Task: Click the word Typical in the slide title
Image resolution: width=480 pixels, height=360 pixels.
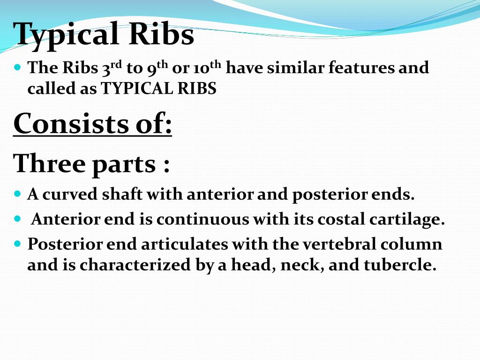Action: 66,35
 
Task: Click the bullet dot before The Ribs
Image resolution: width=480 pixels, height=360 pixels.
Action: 18,68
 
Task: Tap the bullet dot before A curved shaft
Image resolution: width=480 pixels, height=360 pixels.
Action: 18,193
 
